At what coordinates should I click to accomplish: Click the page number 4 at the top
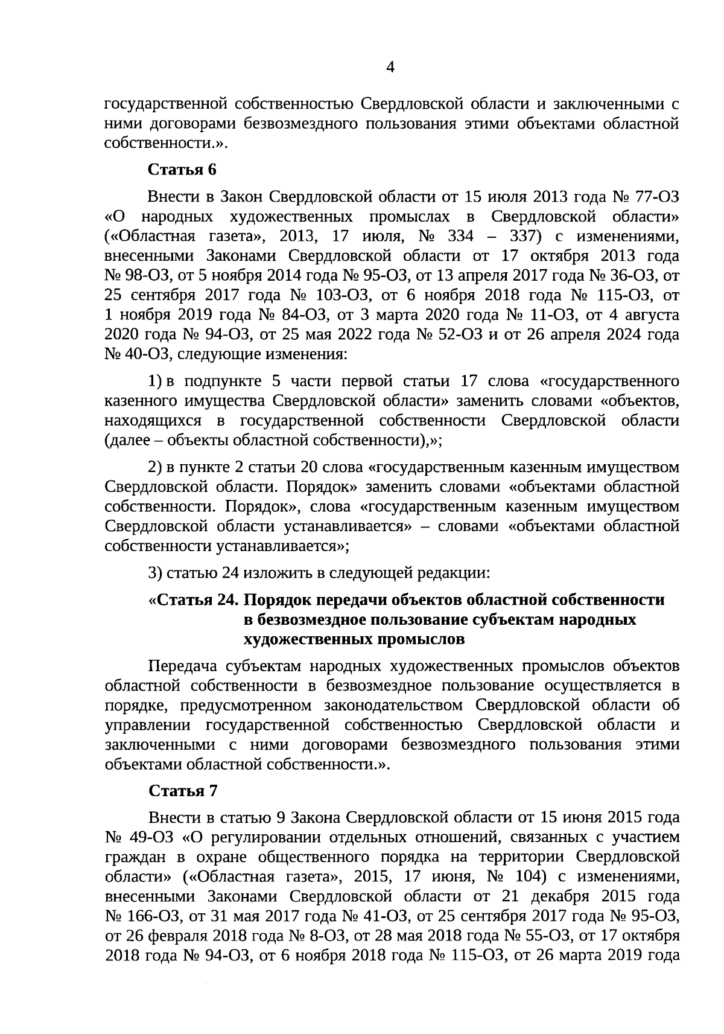390,68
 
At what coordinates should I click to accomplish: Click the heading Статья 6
182,170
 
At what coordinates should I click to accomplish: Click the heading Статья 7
182,791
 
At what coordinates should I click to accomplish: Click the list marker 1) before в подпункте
155,381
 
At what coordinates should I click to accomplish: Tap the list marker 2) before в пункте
155,467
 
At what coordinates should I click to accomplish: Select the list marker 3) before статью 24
155,571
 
